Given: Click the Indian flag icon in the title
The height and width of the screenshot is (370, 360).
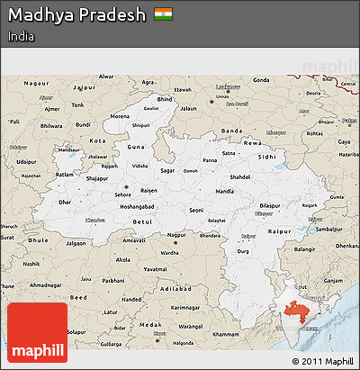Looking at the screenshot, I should point(162,15).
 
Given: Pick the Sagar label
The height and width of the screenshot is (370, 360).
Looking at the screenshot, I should point(167,168).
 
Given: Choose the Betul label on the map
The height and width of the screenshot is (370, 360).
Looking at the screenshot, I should point(142,220).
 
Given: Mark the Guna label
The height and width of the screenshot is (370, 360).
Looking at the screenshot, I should point(135,146).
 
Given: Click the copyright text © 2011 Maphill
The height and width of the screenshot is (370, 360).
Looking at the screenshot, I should point(324,361).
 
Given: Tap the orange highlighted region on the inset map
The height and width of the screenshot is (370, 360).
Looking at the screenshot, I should point(297,314).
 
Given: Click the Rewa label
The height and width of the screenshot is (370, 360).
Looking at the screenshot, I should point(258,141).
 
